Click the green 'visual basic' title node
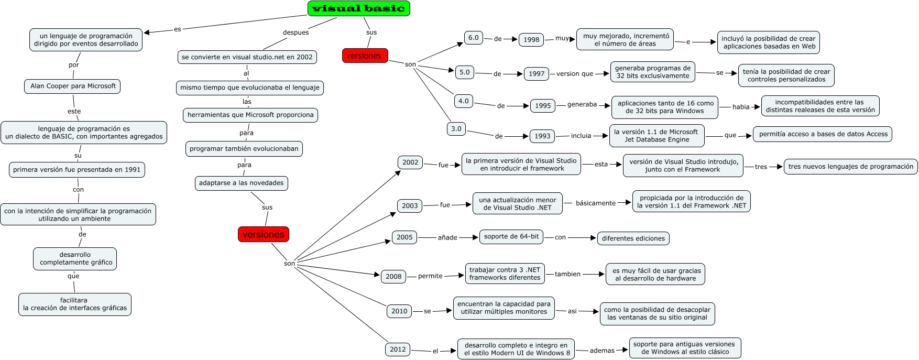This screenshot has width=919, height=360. [x=358, y=8]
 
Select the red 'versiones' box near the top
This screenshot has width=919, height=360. [x=365, y=56]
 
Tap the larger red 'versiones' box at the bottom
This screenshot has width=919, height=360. [x=264, y=234]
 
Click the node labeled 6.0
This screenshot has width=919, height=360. [x=474, y=38]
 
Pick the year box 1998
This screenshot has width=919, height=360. [x=531, y=39]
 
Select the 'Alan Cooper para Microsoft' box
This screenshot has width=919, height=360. [x=73, y=86]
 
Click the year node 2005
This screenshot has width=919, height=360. [x=404, y=237]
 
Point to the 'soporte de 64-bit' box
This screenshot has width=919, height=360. [x=511, y=236]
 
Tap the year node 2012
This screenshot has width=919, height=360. [x=398, y=350]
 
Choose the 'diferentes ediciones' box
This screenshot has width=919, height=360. [x=633, y=238]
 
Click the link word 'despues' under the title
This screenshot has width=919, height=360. [x=296, y=32]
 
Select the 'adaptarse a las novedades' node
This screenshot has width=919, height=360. [x=241, y=183]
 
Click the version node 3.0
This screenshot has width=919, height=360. [x=456, y=129]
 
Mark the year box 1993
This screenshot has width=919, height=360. [x=542, y=136]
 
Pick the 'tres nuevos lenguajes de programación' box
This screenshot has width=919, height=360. [x=850, y=167]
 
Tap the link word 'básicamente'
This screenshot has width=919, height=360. [x=596, y=203]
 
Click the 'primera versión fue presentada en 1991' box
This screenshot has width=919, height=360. [x=77, y=170]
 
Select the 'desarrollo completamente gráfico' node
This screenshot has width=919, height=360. [x=75, y=258]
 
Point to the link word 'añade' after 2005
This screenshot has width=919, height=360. [x=447, y=238]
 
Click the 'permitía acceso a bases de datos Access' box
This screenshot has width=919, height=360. [x=823, y=134]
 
